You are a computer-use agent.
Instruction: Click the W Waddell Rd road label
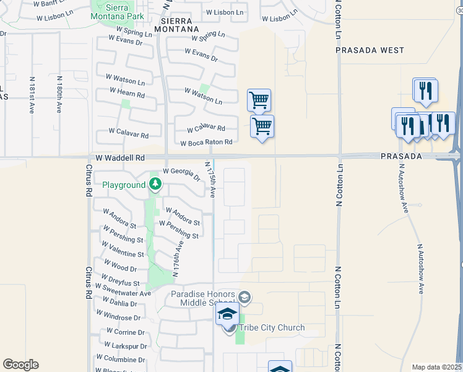pos(118,158)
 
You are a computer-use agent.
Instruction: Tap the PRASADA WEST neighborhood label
pos(370,50)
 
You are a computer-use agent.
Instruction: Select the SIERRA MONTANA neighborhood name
pos(181,25)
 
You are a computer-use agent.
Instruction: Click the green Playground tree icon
pos(155,184)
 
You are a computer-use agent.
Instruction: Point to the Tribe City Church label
pos(270,327)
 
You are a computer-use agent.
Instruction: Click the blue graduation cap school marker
pos(227,314)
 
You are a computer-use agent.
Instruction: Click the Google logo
pos(20,364)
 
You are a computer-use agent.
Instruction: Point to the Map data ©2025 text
pos(436,367)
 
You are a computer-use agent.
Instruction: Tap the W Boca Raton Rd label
pos(206,143)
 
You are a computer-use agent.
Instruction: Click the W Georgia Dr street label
pos(181,174)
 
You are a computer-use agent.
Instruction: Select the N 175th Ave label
pos(210,180)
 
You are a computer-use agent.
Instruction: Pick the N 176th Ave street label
pos(178,258)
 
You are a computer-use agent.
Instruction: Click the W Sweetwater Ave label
pos(123,290)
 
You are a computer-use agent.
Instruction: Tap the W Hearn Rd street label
pos(127,93)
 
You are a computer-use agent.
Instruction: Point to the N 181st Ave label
pos(32,95)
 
